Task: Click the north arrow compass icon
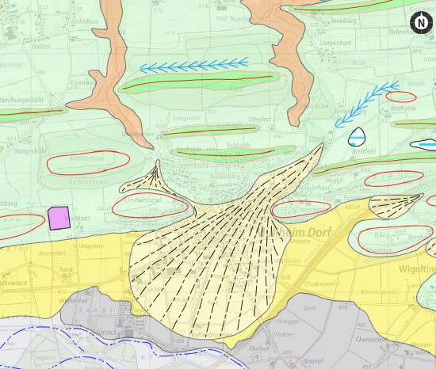tap(419, 23)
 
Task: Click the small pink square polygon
tap(59, 218)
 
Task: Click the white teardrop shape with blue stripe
tap(358, 136)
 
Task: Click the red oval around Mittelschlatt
tap(77, 163)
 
